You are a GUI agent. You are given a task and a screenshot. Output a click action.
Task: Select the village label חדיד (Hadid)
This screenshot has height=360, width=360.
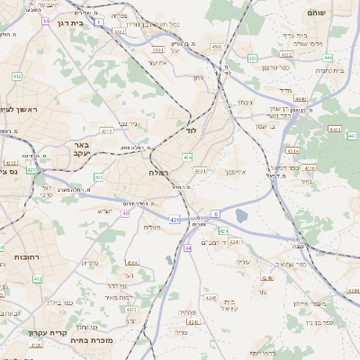[x=285, y=91]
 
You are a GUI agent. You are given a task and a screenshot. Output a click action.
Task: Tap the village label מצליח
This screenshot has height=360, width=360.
[x=151, y=227]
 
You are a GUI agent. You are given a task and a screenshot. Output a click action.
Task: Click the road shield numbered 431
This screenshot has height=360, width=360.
[x=175, y=218]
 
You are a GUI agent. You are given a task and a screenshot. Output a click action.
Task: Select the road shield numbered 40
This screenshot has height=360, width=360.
[x=126, y=212]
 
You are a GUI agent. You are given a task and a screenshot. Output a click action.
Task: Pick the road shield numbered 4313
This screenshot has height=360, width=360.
[x=106, y=130]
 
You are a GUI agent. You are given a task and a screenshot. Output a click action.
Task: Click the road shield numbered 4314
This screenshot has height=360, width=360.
[x=292, y=150]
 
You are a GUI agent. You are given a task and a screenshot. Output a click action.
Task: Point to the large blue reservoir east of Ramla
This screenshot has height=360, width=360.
[x=242, y=215]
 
